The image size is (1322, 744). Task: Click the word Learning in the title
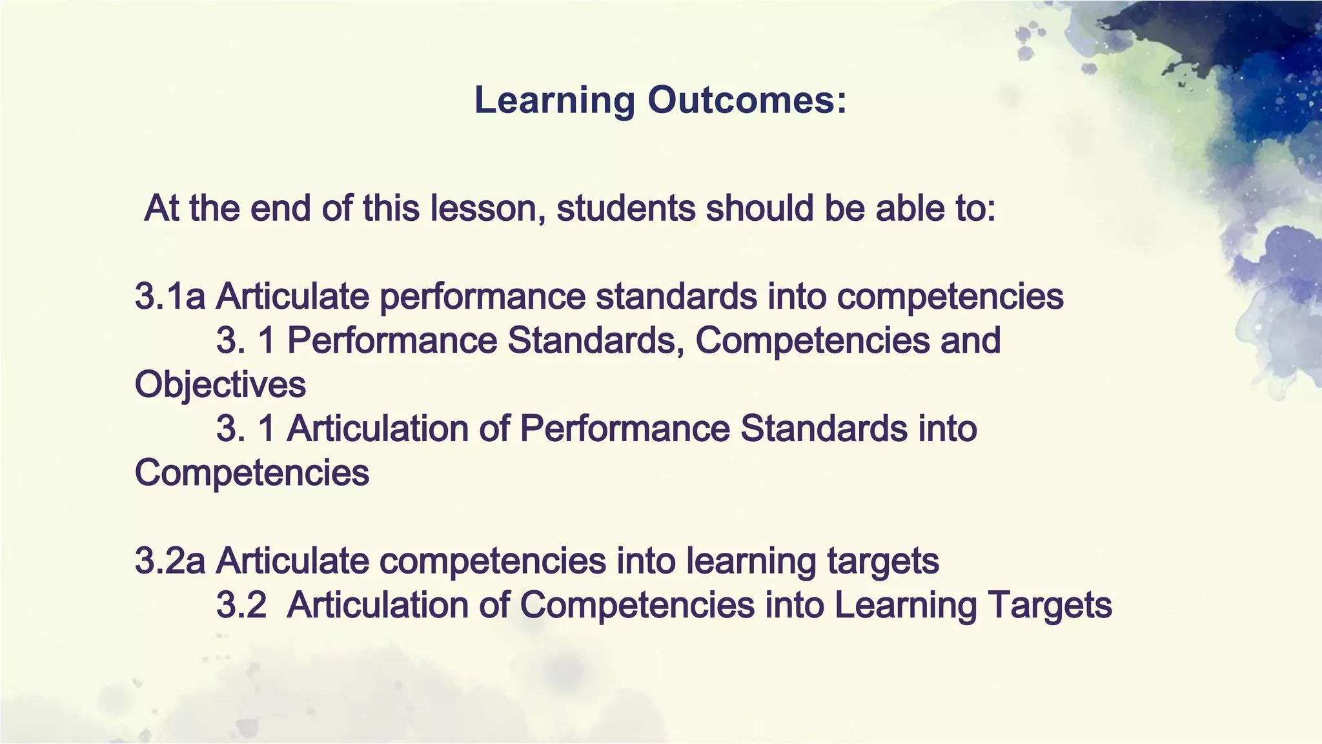pyautogui.click(x=554, y=101)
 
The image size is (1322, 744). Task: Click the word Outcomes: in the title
pyautogui.click(x=747, y=100)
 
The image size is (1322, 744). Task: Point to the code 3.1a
pyautogui.click(x=170, y=296)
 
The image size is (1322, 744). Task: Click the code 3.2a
pyautogui.click(x=170, y=561)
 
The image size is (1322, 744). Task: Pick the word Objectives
pyautogui.click(x=220, y=385)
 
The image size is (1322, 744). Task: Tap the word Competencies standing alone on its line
pyautogui.click(x=252, y=473)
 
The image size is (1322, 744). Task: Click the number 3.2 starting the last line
pyautogui.click(x=241, y=605)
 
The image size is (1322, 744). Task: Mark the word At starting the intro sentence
pyautogui.click(x=162, y=209)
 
